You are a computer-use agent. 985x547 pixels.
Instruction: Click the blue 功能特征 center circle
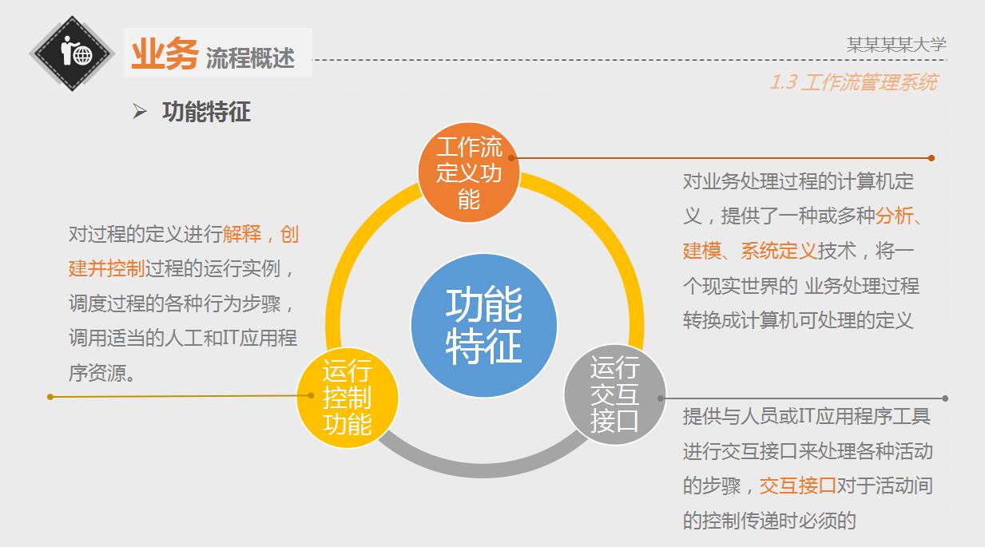tap(483, 325)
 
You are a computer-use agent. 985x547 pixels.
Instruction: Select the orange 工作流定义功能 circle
tap(469, 172)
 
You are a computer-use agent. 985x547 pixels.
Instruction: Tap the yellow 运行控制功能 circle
tap(348, 397)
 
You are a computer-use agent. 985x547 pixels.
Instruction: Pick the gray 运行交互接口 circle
tap(614, 394)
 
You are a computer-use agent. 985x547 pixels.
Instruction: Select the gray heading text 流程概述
tap(250, 57)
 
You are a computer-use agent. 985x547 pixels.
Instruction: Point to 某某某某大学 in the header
tap(896, 45)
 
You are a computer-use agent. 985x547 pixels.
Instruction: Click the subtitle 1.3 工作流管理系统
tap(853, 81)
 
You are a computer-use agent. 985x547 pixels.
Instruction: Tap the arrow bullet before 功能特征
tap(140, 112)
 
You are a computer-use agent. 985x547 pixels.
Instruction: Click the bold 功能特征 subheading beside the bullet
tap(206, 112)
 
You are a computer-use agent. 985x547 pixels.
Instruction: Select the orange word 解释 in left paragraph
tap(242, 234)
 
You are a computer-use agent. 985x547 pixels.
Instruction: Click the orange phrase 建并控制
tap(106, 268)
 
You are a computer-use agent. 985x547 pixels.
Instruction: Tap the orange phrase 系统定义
tap(779, 251)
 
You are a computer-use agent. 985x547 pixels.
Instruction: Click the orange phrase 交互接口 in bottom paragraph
tap(797, 485)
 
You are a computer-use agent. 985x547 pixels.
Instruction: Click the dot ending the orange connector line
tap(931, 158)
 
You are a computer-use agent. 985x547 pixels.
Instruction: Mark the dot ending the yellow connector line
tap(50, 396)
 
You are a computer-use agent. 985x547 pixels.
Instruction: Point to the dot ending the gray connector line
tap(945, 398)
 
